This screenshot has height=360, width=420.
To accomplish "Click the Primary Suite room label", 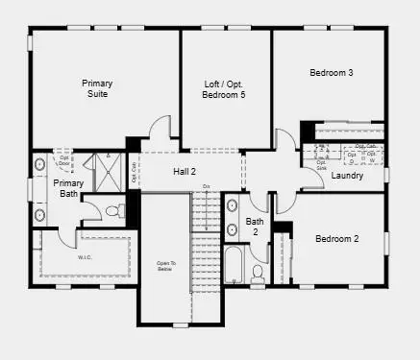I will [96, 88].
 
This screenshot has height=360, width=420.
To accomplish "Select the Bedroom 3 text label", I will [331, 73].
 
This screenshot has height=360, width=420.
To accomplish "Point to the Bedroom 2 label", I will [336, 238].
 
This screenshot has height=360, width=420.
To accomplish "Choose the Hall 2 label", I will [185, 172].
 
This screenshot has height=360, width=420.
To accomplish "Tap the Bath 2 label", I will [254, 227].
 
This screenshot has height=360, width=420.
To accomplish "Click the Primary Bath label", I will [68, 188].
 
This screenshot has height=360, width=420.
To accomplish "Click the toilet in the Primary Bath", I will [111, 209].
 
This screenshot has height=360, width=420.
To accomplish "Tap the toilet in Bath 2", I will [257, 274].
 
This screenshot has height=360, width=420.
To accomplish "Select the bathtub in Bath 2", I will [235, 266].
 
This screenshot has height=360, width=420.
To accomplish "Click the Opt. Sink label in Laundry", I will [322, 164].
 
